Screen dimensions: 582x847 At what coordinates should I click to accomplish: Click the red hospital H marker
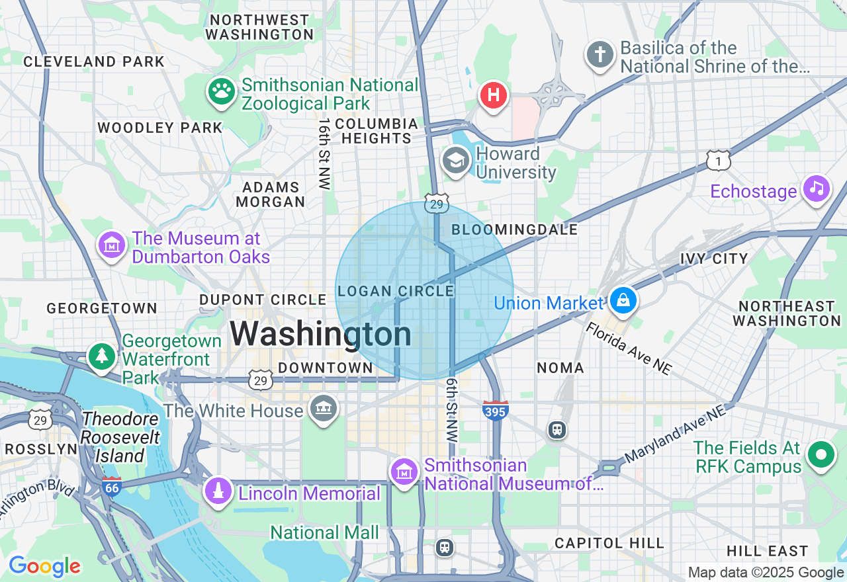click(x=493, y=95)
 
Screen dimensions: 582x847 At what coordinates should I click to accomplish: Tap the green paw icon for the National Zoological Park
click(x=222, y=93)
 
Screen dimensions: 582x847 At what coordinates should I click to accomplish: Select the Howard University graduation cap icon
click(x=456, y=161)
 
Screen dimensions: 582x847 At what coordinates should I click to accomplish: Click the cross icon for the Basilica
click(x=600, y=56)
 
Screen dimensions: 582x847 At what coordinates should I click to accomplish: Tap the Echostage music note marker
click(x=817, y=189)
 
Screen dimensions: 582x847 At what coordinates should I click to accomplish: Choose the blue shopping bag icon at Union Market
click(x=623, y=301)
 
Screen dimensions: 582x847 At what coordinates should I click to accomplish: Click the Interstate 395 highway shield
click(x=496, y=411)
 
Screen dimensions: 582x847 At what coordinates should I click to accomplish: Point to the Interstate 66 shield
click(x=112, y=487)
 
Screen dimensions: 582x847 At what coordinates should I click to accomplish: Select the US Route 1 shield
click(x=718, y=161)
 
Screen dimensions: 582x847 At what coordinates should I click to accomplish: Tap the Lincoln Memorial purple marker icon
click(x=218, y=491)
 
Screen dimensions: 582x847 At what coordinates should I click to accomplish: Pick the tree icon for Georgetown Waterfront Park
click(x=101, y=356)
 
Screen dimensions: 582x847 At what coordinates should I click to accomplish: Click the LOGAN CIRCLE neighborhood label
click(x=396, y=291)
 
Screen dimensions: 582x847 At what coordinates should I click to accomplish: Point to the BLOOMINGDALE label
click(x=514, y=229)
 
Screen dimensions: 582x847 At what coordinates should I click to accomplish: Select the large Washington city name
click(x=321, y=333)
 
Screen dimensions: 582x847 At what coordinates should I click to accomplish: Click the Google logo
click(x=44, y=566)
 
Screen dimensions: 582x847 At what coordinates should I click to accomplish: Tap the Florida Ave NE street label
click(x=629, y=349)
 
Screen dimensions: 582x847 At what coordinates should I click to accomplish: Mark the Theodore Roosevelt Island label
click(x=122, y=437)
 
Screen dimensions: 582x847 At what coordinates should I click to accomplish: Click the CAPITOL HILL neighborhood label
click(x=609, y=543)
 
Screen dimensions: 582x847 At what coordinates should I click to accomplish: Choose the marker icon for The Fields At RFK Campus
click(x=821, y=455)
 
